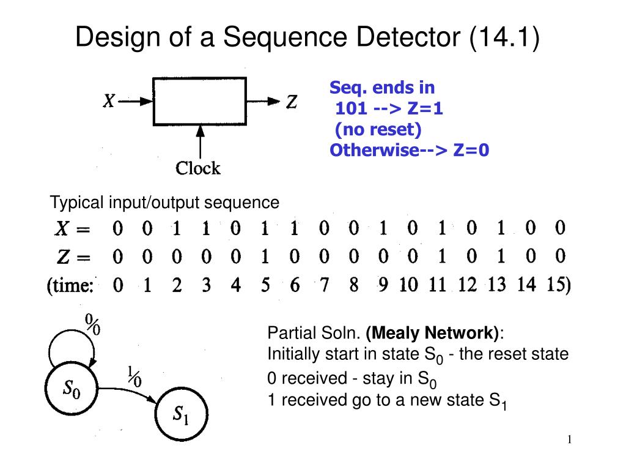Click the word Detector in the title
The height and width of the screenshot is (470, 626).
click(408, 37)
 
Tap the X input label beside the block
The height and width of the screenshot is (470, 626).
click(109, 101)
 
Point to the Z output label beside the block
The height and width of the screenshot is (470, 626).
click(292, 102)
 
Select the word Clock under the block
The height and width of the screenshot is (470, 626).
click(198, 168)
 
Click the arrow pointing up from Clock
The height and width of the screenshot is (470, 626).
click(200, 142)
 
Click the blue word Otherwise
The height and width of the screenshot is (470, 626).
click(375, 151)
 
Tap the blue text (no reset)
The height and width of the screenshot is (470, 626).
click(378, 130)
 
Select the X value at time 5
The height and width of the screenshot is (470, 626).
click(265, 228)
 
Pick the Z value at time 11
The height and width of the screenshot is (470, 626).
click(442, 256)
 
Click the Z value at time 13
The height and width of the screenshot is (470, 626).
click(501, 256)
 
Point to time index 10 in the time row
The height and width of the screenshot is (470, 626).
click(408, 285)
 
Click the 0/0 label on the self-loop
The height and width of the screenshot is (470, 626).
click(93, 324)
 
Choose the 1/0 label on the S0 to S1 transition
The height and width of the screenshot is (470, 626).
click(134, 376)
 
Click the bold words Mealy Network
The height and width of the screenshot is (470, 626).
click(432, 333)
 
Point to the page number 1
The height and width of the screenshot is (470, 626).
click(569, 439)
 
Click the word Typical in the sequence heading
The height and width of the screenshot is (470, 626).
click(76, 203)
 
